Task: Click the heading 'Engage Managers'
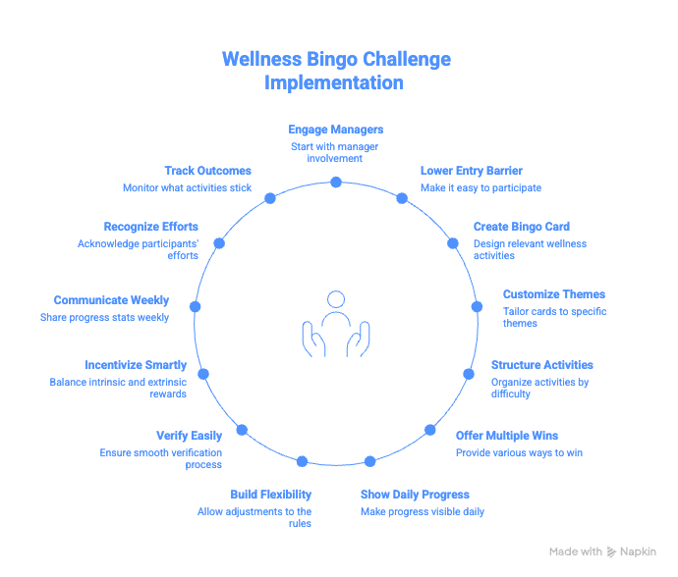pos(335,130)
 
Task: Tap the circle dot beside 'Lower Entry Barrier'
pos(402,198)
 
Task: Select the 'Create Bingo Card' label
pos(521,227)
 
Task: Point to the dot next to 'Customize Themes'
pos(477,306)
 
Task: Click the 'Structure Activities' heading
pos(541,365)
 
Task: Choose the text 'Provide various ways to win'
pos(519,452)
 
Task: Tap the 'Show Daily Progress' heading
pos(414,495)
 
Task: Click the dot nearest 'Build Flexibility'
pos(302,461)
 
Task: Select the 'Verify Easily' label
pos(189,435)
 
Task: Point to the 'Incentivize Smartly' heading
pos(136,365)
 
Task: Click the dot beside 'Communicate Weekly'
pos(195,307)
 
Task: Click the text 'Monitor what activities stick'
pos(187,187)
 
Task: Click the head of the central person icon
pos(336,298)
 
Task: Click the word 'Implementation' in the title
pos(334,83)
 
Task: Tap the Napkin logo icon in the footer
pos(612,551)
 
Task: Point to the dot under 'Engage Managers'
pos(336,183)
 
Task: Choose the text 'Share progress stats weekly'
pos(104,317)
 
